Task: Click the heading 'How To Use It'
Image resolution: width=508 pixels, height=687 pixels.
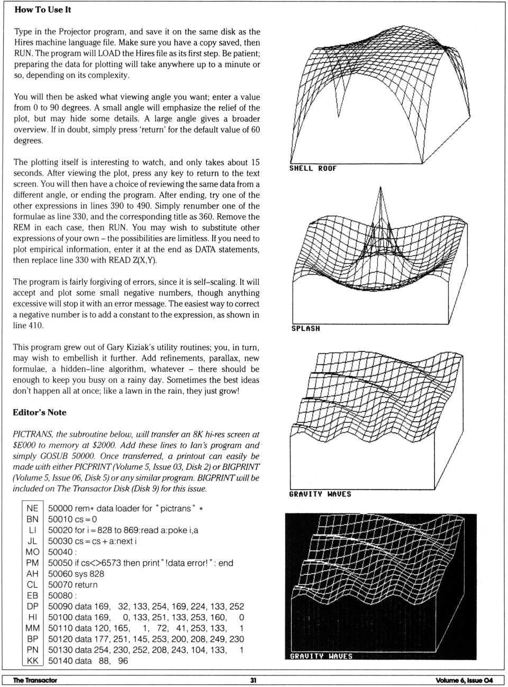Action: click(x=43, y=10)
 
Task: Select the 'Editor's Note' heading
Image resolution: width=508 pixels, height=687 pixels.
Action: click(x=40, y=412)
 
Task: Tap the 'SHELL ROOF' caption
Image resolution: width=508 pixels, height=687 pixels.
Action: click(x=313, y=168)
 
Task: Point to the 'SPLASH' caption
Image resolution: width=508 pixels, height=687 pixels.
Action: click(x=305, y=329)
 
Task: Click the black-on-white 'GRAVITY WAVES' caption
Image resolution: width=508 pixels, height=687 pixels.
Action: click(x=320, y=494)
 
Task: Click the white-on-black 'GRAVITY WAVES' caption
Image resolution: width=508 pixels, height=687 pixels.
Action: click(x=321, y=656)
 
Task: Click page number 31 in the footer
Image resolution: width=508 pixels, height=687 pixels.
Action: click(x=253, y=680)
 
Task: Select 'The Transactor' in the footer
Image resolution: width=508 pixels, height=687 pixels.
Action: click(x=35, y=680)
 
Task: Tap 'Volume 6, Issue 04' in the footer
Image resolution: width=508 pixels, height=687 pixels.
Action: click(x=464, y=680)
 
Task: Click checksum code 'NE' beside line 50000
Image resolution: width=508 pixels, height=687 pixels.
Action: click(x=32, y=509)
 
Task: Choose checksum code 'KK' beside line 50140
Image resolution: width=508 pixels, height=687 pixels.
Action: click(x=32, y=661)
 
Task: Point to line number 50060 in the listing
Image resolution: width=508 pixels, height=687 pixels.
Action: click(x=61, y=574)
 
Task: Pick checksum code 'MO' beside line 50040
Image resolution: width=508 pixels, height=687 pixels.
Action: click(x=32, y=552)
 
